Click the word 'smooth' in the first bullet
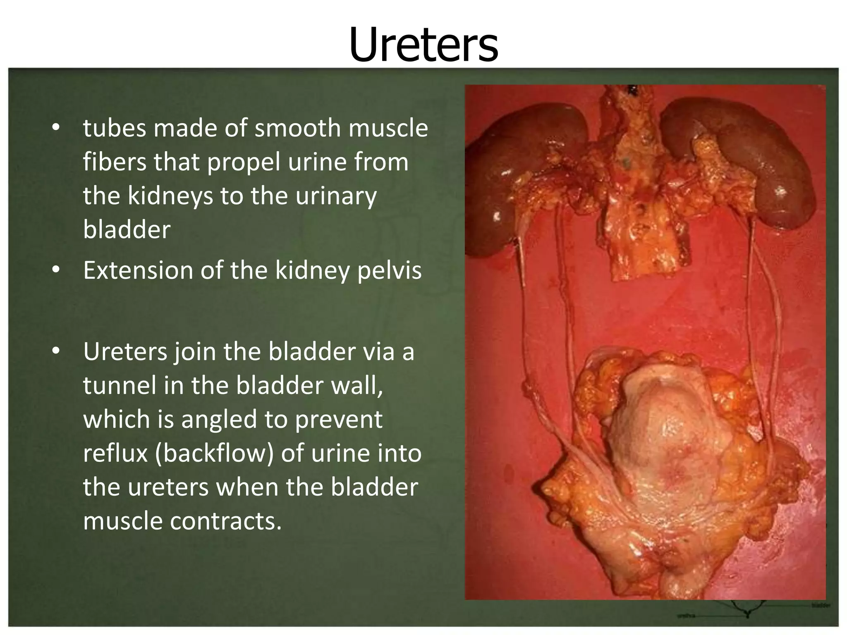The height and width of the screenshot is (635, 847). tap(297, 128)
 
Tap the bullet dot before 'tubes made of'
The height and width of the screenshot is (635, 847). tap(56, 128)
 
